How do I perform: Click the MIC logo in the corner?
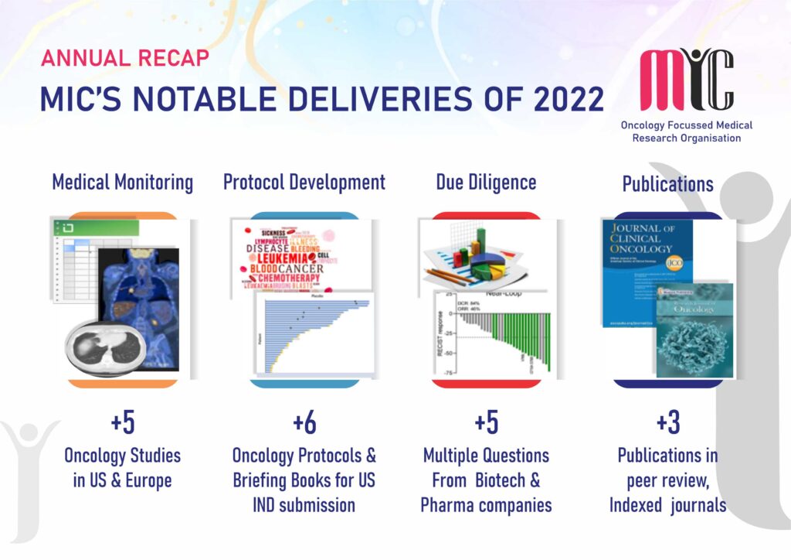[x=686, y=80]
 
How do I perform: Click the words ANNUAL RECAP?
[x=124, y=58]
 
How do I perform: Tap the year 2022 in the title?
[x=562, y=99]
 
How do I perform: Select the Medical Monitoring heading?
[x=122, y=183]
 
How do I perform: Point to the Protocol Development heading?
[x=304, y=183]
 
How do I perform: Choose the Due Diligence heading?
[x=486, y=183]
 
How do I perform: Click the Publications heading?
[x=668, y=184]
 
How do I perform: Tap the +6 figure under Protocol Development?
[x=304, y=424]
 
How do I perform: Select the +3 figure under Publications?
[x=667, y=424]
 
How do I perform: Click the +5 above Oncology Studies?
[x=122, y=424]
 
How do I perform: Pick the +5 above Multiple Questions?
[x=486, y=424]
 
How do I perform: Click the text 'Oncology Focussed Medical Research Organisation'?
[x=686, y=131]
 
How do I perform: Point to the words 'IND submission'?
[x=304, y=505]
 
